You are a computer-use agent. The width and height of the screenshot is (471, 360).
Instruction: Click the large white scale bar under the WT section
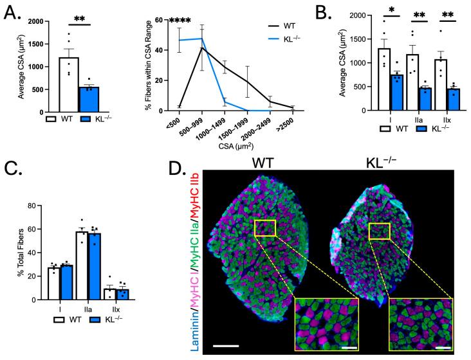click(226, 347)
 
